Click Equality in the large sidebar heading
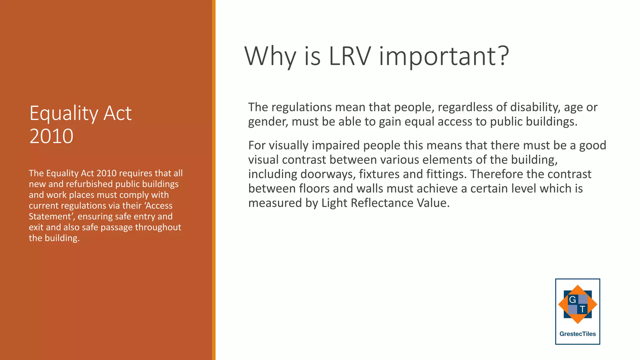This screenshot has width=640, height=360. point(64,114)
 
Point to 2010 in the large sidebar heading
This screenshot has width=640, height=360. point(51,136)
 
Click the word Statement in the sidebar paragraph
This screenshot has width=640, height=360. point(50,217)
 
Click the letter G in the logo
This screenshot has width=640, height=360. point(572,300)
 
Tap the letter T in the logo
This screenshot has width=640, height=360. point(582,309)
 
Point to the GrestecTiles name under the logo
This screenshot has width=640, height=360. point(577,334)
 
